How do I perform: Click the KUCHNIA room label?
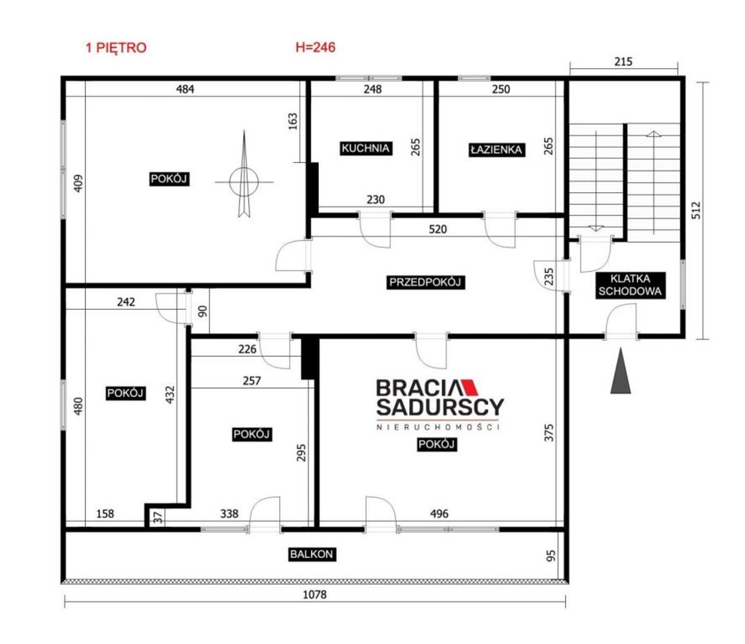click(366, 148)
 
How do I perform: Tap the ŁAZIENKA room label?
click(496, 150)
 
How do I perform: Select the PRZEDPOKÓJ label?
click(425, 282)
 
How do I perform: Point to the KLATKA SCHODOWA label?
click(630, 285)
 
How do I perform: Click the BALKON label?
click(312, 554)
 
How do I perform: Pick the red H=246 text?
click(315, 47)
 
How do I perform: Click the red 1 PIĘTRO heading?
click(116, 48)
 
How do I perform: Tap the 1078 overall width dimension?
click(315, 595)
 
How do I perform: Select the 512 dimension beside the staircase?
click(696, 210)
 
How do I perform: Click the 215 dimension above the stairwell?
click(623, 62)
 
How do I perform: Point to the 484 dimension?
click(185, 89)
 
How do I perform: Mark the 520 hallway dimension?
click(438, 229)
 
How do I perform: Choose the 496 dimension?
click(439, 514)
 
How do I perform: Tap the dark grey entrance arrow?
click(620, 370)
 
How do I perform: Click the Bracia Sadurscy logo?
click(439, 405)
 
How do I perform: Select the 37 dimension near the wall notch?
click(158, 518)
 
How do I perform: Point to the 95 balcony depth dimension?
click(551, 555)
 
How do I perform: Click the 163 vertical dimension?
click(293, 122)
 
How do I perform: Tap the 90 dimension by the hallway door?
click(203, 311)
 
